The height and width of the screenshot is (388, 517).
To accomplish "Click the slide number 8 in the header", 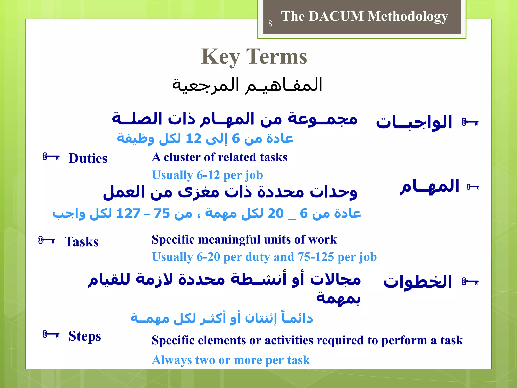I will pyautogui.click(x=270, y=23).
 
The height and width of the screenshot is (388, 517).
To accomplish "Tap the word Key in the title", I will pyautogui.click(x=220, y=57).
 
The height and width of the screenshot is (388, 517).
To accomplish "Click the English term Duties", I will pyautogui.click(x=88, y=158).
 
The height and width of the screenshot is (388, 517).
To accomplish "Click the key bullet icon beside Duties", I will pyautogui.click(x=51, y=157).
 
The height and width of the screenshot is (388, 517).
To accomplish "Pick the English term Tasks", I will pyautogui.click(x=81, y=241).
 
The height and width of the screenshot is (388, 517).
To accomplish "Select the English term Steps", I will pyautogui.click(x=85, y=336).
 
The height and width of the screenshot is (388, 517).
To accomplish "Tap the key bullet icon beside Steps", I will pyautogui.click(x=51, y=334).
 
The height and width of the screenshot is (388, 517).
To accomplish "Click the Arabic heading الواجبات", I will pyautogui.click(x=414, y=123).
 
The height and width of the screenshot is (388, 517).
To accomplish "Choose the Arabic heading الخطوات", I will pyautogui.click(x=418, y=282).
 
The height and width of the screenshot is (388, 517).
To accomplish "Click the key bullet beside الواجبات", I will pyautogui.click(x=470, y=123).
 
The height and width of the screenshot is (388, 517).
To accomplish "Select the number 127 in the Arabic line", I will pyautogui.click(x=128, y=214).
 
